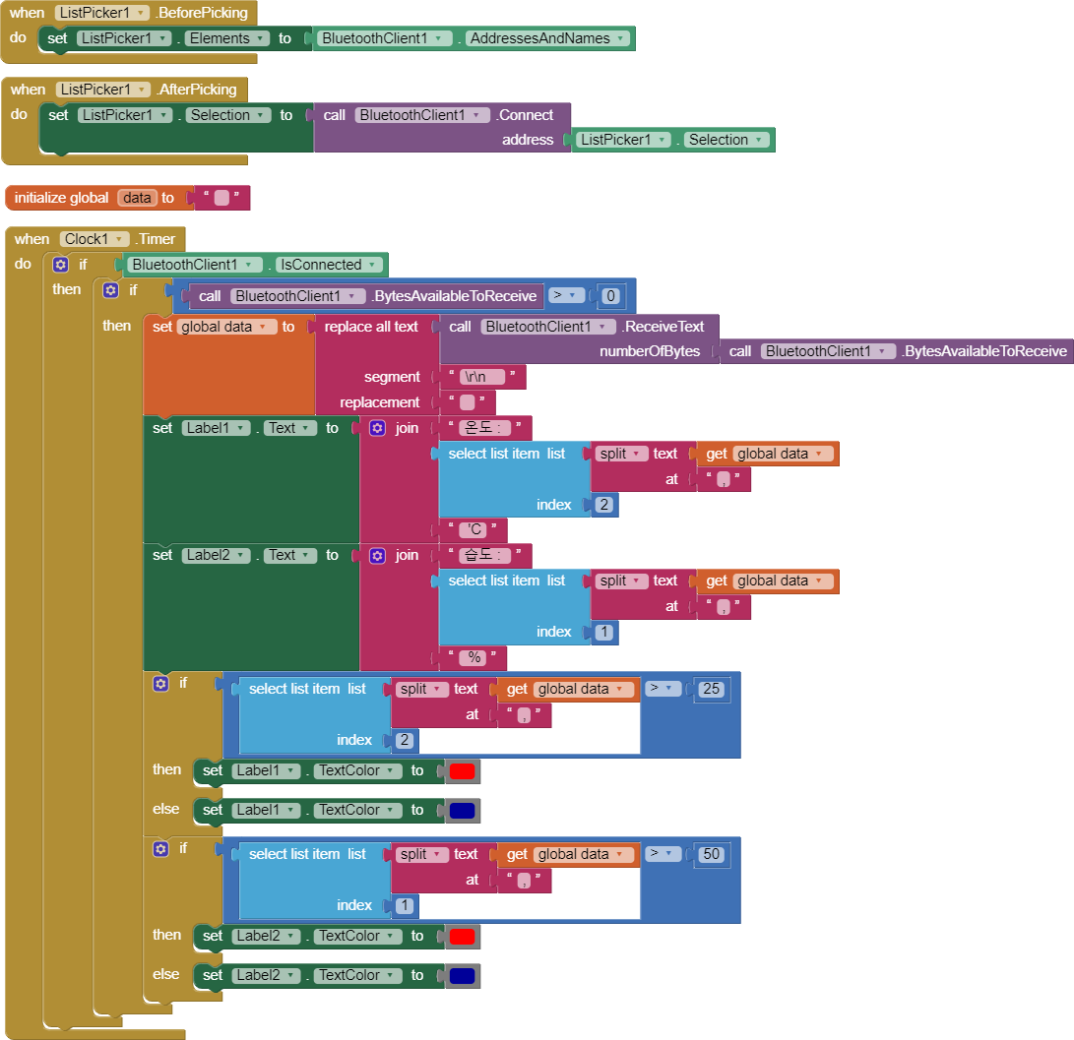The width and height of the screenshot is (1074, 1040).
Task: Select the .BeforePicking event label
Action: coord(202,13)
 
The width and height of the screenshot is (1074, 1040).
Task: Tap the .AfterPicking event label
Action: coord(196,90)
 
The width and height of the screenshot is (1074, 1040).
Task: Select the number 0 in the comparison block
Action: coord(611,295)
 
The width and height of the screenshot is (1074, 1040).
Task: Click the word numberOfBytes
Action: coord(649,351)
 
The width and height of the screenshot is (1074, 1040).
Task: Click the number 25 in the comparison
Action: coord(711,689)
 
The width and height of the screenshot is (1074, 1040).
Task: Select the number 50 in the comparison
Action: coord(711,854)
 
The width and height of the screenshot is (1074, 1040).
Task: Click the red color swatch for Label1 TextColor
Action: coord(462,771)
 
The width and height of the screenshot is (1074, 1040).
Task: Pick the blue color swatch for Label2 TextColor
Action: coord(462,976)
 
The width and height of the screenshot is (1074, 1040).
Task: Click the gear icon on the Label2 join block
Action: coord(377,556)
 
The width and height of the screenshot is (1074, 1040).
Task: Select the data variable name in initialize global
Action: coord(137,198)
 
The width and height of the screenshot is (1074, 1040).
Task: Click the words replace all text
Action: coord(371,327)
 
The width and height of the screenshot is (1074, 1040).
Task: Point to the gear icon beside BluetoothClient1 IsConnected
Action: coord(61,265)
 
